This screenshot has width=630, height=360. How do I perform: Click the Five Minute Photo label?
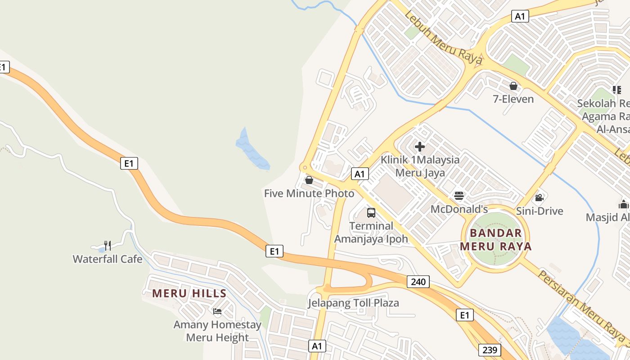tap(309, 193)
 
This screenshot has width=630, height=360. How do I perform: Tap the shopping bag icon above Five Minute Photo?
tap(309, 180)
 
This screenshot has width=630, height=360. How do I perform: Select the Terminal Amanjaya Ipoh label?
tap(371, 232)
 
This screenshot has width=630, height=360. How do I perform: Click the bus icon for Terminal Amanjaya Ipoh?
tap(371, 213)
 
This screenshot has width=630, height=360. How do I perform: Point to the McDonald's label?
tap(459, 209)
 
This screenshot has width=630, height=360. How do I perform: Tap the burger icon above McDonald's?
tap(459, 196)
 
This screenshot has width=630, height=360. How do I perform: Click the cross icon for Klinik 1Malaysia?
tap(420, 147)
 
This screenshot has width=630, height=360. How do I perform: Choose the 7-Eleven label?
tap(513, 99)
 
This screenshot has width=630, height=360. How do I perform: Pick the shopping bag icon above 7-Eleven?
tap(513, 86)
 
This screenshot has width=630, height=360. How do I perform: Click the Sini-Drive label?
tap(540, 211)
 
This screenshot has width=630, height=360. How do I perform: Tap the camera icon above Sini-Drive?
tap(539, 198)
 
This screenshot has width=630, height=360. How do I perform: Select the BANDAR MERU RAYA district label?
tap(496, 240)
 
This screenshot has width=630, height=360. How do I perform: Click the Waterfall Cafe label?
tap(108, 259)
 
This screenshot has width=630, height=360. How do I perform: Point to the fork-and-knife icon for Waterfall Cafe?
tap(108, 245)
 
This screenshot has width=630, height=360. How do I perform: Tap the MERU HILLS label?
tap(189, 294)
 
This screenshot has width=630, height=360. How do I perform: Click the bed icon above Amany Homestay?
tap(217, 311)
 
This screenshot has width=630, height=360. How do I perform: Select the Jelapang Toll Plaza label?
tap(353, 303)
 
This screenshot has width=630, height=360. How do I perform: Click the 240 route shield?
tap(418, 282)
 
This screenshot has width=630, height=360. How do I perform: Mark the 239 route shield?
tap(490, 350)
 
